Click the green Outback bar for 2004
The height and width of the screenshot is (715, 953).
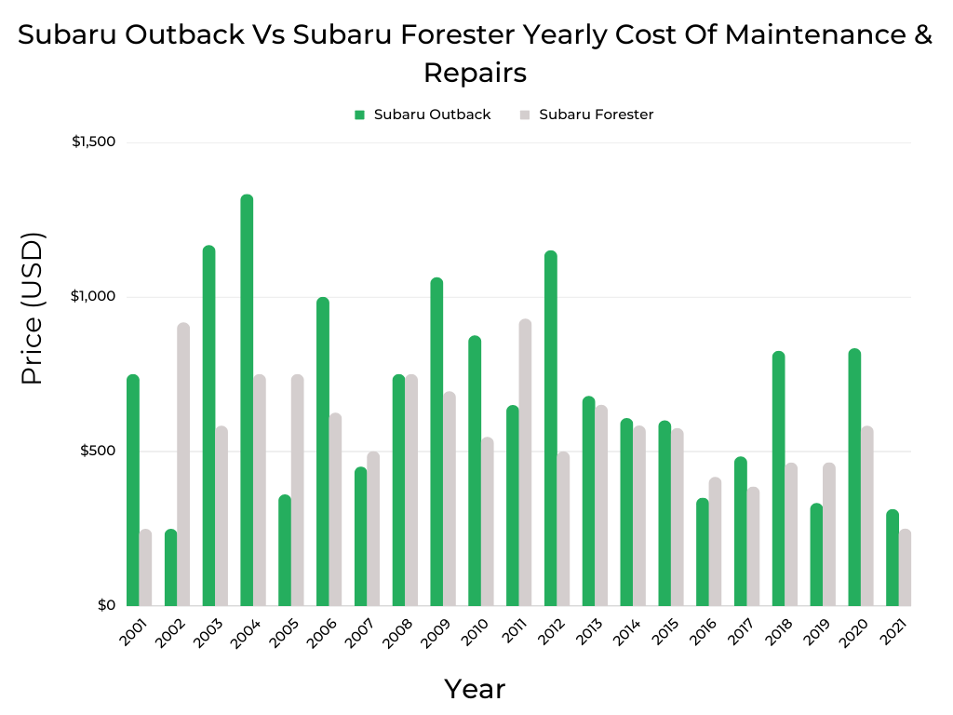(x=247, y=400)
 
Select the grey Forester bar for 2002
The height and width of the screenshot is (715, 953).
(x=183, y=465)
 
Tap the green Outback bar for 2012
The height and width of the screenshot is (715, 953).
(x=551, y=428)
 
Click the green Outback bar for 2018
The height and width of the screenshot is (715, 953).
(x=778, y=479)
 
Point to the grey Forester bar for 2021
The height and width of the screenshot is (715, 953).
(x=905, y=568)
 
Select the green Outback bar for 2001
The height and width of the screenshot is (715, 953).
(x=133, y=490)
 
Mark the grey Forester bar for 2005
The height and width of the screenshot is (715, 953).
(x=297, y=490)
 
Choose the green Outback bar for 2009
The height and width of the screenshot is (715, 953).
(x=436, y=442)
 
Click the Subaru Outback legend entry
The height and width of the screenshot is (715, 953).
(x=423, y=115)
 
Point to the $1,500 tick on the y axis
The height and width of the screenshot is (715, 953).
(x=93, y=142)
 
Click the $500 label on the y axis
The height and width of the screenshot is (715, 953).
(x=98, y=452)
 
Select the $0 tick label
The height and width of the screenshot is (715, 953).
(x=104, y=605)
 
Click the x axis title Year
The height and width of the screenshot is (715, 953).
(x=475, y=689)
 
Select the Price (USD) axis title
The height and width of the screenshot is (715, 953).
(x=33, y=308)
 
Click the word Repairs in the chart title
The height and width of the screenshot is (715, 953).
(x=475, y=72)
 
